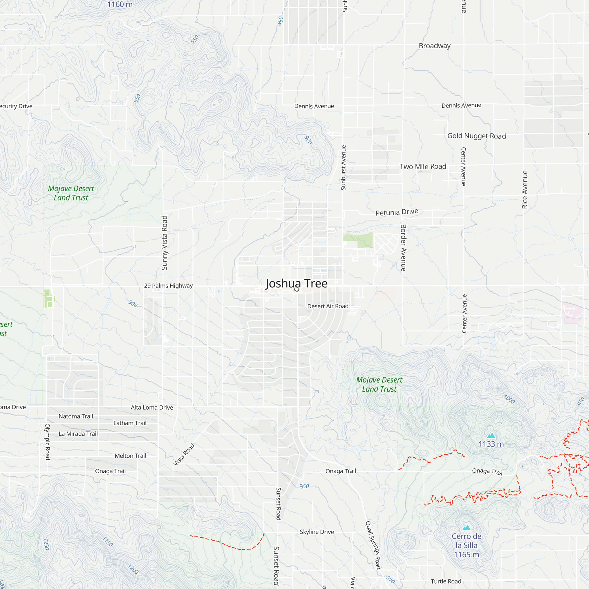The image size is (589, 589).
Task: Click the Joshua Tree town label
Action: point(296,284)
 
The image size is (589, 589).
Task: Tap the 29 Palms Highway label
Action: point(168,286)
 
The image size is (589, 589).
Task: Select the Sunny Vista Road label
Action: point(165,243)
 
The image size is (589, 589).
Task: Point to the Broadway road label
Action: point(434,46)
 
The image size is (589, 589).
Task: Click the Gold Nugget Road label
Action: point(477,136)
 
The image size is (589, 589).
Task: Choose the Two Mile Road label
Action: point(423,166)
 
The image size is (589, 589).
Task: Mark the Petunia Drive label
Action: point(397,212)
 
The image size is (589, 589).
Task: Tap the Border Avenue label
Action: point(403,248)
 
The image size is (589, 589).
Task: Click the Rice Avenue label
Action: point(525,189)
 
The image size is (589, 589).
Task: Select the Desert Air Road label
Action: point(328,306)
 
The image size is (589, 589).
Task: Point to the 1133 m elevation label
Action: point(491,444)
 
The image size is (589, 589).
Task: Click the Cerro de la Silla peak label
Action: point(466,545)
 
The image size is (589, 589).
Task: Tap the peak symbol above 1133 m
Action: point(491,435)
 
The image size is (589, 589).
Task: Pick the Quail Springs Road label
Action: point(373,545)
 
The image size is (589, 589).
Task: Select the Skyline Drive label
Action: point(317,532)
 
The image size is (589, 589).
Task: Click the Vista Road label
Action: point(184,454)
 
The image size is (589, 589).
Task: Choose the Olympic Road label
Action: point(47,441)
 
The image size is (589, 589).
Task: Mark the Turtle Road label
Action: point(446,581)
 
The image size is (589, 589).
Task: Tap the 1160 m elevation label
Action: point(120,4)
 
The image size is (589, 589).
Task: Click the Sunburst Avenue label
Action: point(344,168)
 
